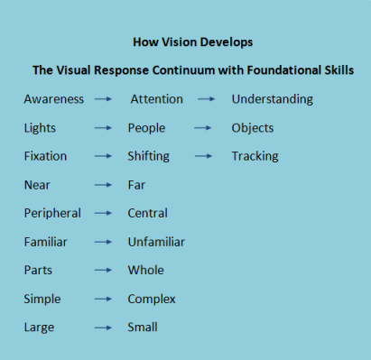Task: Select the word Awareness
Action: coord(54,99)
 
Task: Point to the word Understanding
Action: coord(272,99)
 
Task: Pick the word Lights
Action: coord(40,128)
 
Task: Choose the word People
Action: coord(146,128)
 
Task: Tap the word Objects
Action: coord(252,128)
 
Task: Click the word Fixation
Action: coord(45,156)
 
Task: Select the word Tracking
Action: coord(255,156)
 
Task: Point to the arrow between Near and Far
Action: coord(104,186)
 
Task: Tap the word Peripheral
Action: coord(52,214)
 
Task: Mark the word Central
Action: coord(148,214)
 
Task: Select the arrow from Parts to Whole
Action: coord(104,271)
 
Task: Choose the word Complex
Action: coord(152,299)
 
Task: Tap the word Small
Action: coord(144,327)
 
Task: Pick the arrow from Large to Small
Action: coord(104,328)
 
